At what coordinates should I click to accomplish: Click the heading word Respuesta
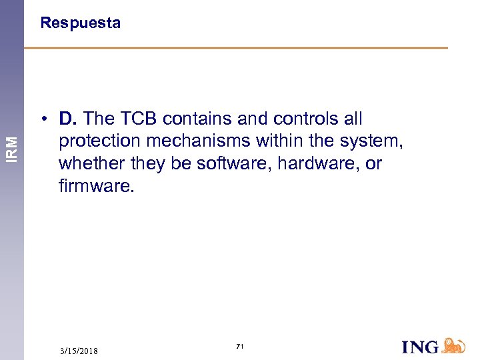80,23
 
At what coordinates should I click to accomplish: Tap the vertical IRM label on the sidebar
12,147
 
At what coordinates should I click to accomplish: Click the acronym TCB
138,119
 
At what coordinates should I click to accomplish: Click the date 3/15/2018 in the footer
79,351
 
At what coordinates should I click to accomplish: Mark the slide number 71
240,347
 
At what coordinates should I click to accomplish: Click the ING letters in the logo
420,347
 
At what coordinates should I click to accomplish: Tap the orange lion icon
453,345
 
